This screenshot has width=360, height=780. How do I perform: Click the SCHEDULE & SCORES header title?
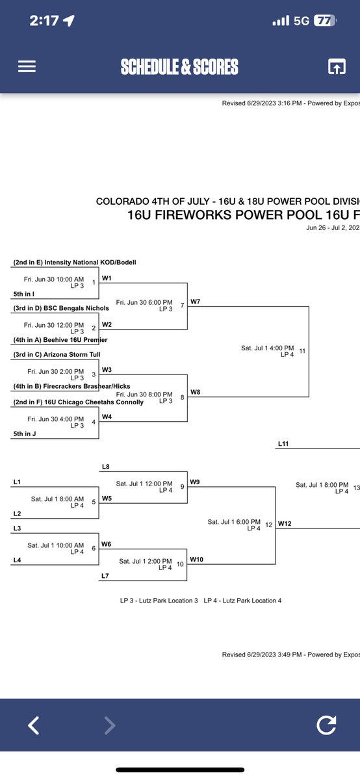[x=179, y=67]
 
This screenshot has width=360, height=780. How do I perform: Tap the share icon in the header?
[x=336, y=67]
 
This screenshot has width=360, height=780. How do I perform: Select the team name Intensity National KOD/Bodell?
[x=75, y=263]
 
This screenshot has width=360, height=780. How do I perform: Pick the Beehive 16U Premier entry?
[x=60, y=340]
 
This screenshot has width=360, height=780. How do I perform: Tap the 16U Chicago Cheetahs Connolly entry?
[x=78, y=402]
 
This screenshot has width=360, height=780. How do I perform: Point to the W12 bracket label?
[x=285, y=523]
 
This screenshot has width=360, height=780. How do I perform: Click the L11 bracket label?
[x=283, y=444]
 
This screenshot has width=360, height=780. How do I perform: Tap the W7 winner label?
[x=196, y=302]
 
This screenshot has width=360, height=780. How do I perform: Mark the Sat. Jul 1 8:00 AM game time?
[x=57, y=499]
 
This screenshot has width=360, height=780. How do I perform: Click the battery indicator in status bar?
[x=323, y=21]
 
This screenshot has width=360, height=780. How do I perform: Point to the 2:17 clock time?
[x=44, y=21]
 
